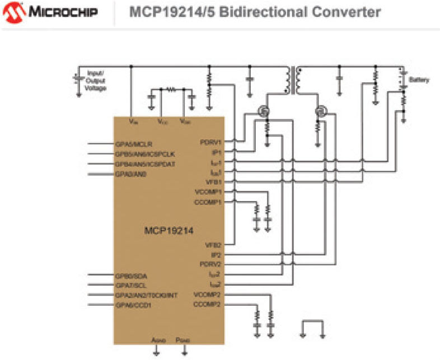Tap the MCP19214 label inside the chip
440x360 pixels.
click(169, 230)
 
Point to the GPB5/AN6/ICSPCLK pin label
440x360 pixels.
click(145, 154)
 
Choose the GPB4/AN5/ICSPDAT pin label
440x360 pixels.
click(145, 164)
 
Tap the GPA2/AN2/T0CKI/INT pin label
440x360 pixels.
click(146, 295)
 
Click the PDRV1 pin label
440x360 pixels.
click(211, 142)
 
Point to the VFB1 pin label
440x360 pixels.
click(213, 181)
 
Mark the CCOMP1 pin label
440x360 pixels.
click(208, 202)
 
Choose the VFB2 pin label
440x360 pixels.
click(213, 245)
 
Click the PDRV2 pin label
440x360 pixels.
click(210, 264)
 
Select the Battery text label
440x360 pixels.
click(420, 80)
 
